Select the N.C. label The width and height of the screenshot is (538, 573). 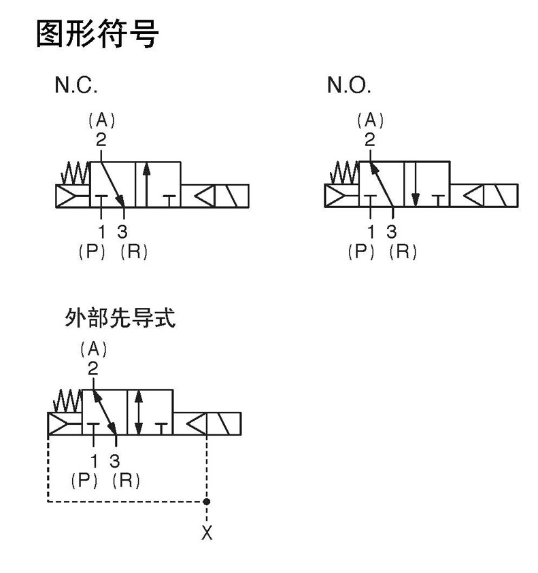point(76,86)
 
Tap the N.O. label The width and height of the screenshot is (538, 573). point(349,86)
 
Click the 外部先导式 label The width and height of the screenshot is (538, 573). point(120,318)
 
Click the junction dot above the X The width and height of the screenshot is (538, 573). point(207,502)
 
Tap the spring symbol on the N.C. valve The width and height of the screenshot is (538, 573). point(74,173)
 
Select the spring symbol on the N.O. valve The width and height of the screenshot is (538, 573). point(343,173)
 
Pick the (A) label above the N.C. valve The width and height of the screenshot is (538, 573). point(102,120)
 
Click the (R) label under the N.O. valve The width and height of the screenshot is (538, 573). point(403,251)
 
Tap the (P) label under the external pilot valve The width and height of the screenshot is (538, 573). point(85,480)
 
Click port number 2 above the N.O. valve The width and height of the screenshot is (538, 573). point(369,140)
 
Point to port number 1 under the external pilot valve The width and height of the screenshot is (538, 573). point(94,461)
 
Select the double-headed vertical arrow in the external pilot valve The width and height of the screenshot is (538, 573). point(139,412)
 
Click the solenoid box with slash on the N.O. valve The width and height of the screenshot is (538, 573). point(503,195)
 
